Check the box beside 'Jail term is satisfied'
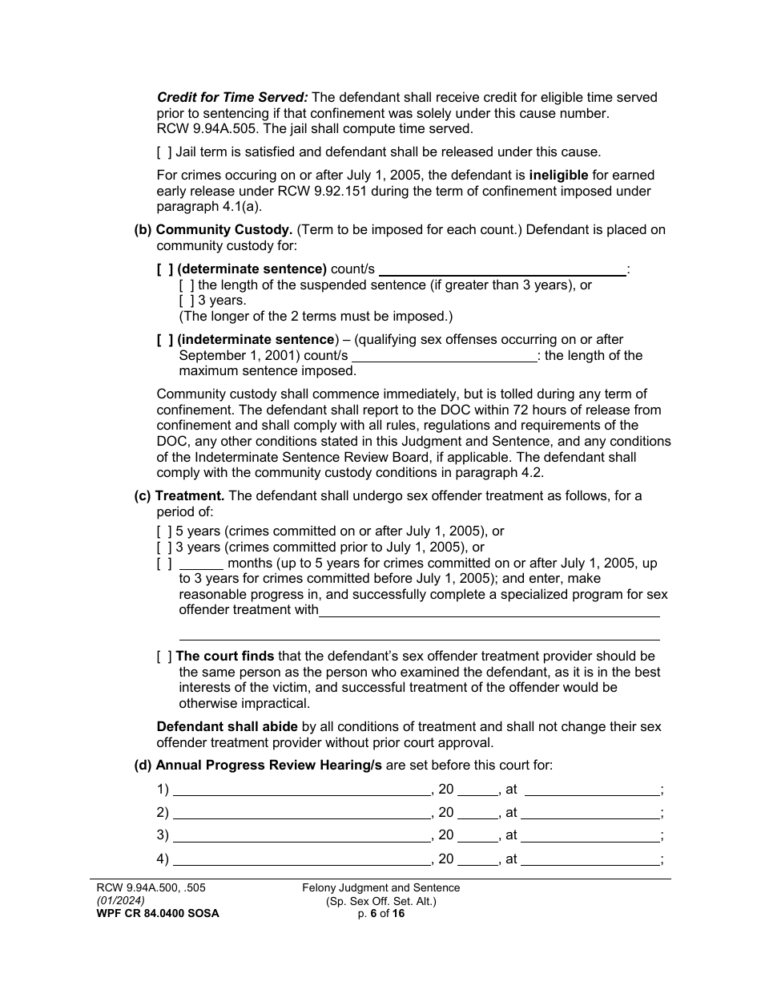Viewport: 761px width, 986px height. (163, 152)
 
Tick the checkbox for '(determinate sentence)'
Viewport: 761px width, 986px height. (164, 269)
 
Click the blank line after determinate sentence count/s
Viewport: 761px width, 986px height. (502, 270)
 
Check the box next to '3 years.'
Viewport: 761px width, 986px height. (186, 301)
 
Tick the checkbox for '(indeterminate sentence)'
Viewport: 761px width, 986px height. (164, 339)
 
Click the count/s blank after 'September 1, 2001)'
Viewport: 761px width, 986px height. (444, 356)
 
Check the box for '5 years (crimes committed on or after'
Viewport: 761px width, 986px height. (164, 531)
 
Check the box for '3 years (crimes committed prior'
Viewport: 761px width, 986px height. (164, 548)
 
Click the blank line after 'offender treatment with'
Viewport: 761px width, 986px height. (489, 611)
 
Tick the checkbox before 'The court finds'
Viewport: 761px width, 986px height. (164, 656)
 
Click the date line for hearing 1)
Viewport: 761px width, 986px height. (301, 790)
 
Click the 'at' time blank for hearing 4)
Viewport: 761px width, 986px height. (590, 860)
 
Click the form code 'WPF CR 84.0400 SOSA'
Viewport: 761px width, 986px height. (155, 913)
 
